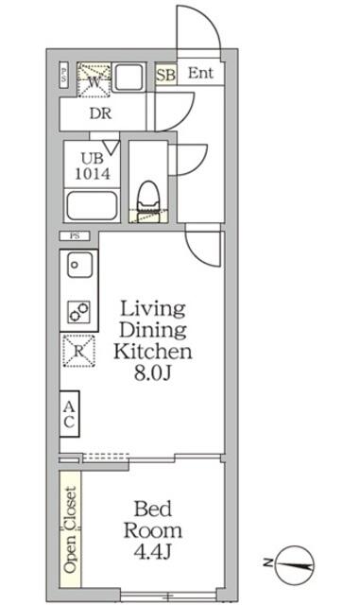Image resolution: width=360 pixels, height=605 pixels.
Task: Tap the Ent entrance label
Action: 199,74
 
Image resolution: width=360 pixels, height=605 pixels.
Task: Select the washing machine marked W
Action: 94,78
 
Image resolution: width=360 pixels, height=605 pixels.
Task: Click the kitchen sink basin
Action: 77,267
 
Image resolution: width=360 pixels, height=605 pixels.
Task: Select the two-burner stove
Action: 77,310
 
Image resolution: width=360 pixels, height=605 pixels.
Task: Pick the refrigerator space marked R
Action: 76,351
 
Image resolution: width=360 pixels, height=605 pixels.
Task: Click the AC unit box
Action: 69,414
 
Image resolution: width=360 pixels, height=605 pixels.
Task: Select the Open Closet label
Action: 70,528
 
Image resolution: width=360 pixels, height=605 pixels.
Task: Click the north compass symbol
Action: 299,564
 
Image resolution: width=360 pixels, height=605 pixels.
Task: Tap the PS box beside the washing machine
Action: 64,76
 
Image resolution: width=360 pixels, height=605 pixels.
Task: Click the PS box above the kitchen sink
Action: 73,235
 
